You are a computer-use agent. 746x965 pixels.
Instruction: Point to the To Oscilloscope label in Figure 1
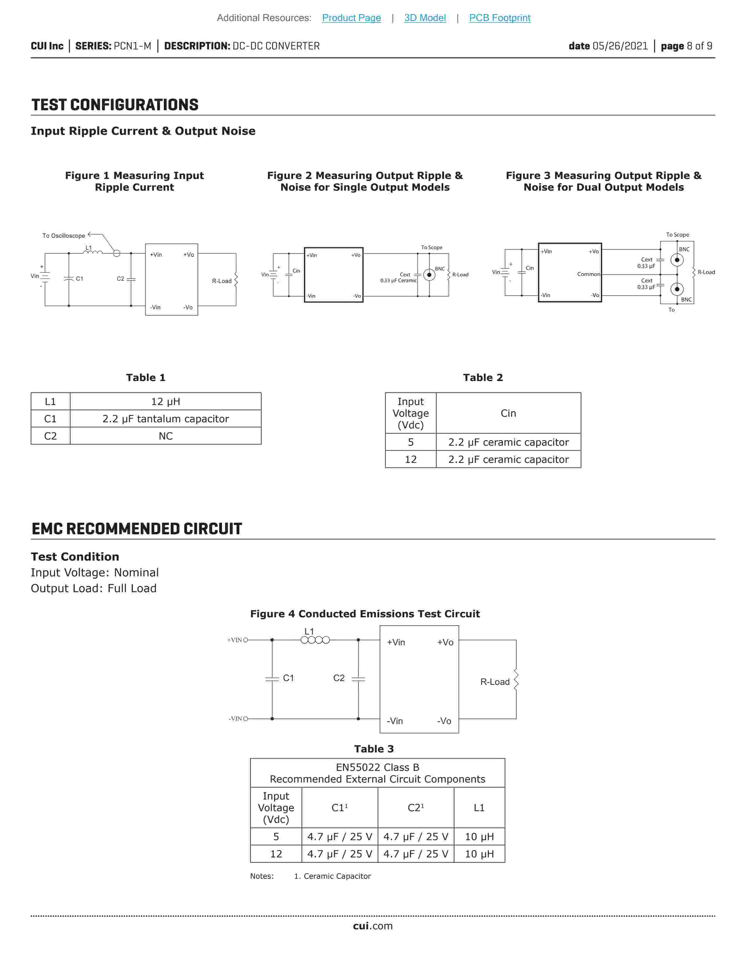pyautogui.click(x=64, y=235)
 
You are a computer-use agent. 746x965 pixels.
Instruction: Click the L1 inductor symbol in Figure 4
pyautogui.click(x=315, y=640)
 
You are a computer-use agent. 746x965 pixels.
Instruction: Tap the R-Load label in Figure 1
pyautogui.click(x=221, y=281)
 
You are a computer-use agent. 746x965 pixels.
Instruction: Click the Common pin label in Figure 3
pyautogui.click(x=588, y=274)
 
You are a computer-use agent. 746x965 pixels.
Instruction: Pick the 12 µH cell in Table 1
pyautogui.click(x=165, y=401)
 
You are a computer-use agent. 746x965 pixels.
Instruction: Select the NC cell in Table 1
pyautogui.click(x=165, y=436)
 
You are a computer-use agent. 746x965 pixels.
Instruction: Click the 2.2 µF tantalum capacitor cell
pyautogui.click(x=165, y=418)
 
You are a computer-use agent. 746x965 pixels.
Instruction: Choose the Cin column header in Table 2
pyautogui.click(x=508, y=413)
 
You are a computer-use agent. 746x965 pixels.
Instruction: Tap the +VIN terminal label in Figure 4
pyautogui.click(x=235, y=640)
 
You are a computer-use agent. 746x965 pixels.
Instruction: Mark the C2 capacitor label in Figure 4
pyautogui.click(x=339, y=678)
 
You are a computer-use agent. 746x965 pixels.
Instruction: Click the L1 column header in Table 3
pyautogui.click(x=479, y=807)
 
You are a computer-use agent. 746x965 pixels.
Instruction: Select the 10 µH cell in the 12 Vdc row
pyautogui.click(x=479, y=854)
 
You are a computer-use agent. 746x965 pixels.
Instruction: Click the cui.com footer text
pyautogui.click(x=372, y=926)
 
